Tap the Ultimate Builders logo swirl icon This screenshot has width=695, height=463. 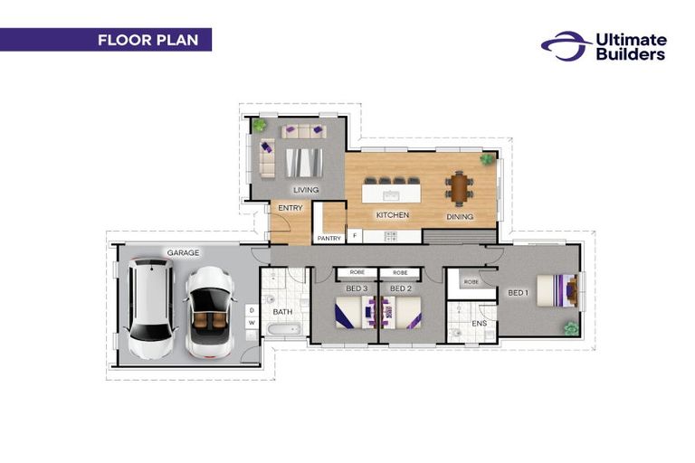[x=565, y=45]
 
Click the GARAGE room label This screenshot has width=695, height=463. [x=183, y=252]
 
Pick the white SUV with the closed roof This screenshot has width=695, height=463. [x=150, y=309]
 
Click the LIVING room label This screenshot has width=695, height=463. [x=305, y=189]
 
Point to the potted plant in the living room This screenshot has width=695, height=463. [x=259, y=125]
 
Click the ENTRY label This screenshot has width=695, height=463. [x=290, y=208]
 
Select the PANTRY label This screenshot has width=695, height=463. [x=328, y=238]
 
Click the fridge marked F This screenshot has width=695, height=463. [x=354, y=237]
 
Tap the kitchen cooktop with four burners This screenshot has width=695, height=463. [x=391, y=236]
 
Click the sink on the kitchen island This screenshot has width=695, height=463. [x=391, y=194]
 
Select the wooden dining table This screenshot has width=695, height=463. [x=458, y=189]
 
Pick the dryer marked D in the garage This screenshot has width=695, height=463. [x=252, y=310]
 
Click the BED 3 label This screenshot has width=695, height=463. [x=357, y=288]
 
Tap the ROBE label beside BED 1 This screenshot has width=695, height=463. [x=471, y=282]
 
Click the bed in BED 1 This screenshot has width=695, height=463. [x=553, y=289]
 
